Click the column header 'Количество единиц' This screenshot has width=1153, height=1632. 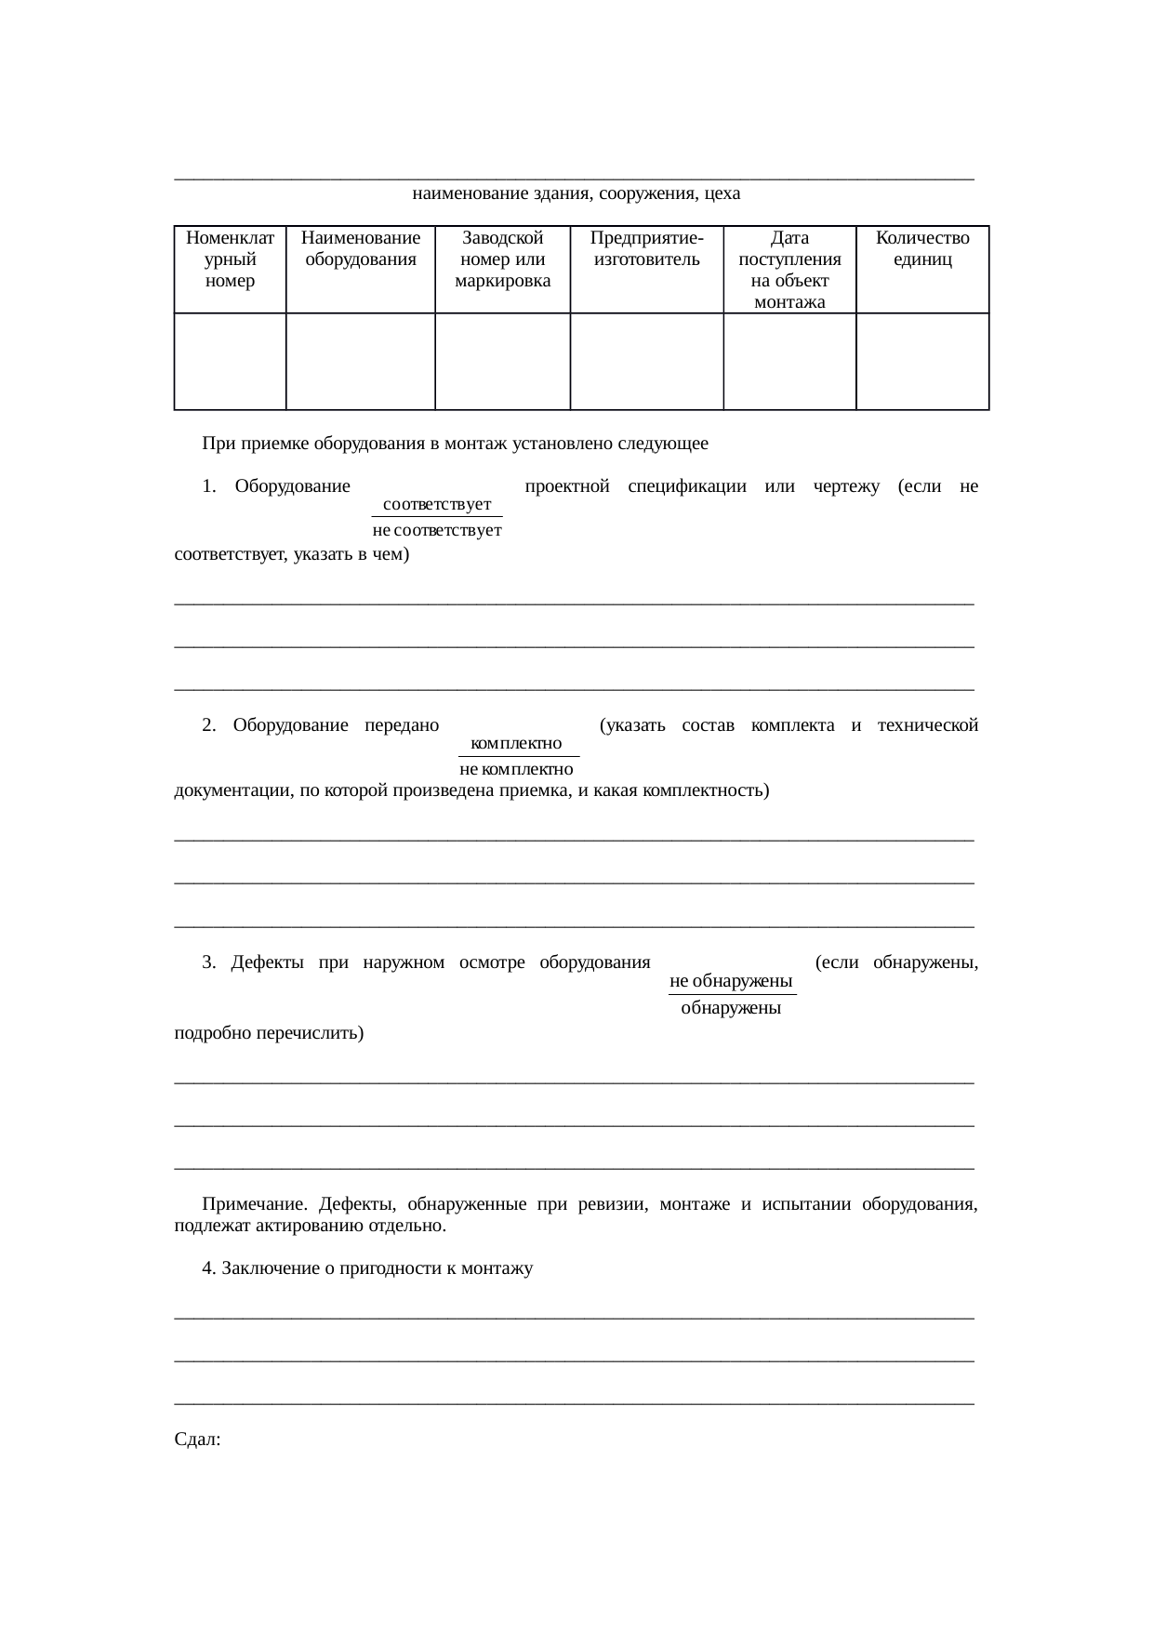(922, 249)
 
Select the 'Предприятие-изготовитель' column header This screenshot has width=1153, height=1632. (646, 249)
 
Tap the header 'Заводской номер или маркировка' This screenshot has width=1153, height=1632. (502, 259)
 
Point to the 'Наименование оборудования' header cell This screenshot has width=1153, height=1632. (361, 249)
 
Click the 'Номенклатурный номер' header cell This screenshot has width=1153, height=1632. (230, 259)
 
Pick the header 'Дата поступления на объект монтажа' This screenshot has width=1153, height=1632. (789, 270)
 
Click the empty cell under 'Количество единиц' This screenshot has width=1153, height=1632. (922, 361)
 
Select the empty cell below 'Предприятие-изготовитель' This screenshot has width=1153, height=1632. (646, 361)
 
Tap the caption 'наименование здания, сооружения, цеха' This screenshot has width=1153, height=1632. (576, 194)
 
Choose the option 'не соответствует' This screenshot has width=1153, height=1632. (437, 531)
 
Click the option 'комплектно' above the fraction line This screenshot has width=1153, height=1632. (517, 744)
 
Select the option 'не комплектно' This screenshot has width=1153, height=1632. (517, 770)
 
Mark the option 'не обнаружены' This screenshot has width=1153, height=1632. (731, 982)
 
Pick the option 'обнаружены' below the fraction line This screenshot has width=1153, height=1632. (731, 1009)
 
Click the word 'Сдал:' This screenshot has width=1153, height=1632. (197, 1440)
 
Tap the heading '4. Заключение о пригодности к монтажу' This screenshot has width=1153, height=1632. (367, 1268)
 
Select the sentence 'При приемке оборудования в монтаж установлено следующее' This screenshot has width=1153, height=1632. (455, 444)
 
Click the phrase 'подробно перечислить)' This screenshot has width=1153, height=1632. (269, 1033)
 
